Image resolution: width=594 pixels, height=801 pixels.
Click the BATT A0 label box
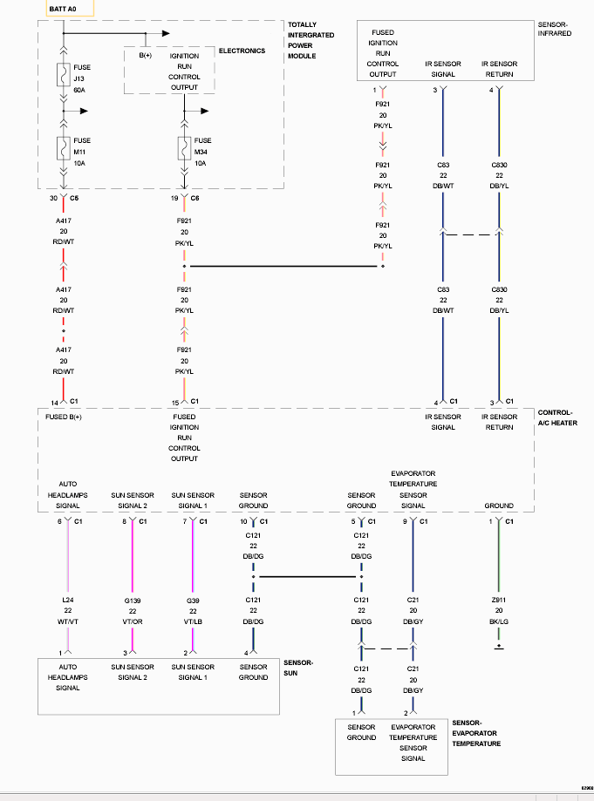tap(70, 8)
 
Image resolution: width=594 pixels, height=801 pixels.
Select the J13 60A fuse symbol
tap(64, 75)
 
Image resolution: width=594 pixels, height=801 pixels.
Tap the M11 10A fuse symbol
tap(64, 148)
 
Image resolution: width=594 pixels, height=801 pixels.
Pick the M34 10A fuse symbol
tap(185, 148)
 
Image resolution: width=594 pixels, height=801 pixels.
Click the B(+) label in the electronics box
tap(146, 55)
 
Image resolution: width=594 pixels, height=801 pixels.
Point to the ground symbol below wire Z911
tap(499, 647)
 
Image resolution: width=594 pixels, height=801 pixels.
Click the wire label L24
tap(68, 600)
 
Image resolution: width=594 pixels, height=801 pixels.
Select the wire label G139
tap(133, 601)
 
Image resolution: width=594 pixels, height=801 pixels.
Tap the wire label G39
tap(193, 601)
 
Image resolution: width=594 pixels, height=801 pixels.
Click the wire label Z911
tap(499, 600)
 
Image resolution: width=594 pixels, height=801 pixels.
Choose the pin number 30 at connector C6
tap(54, 198)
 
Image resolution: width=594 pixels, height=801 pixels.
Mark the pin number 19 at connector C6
tap(174, 198)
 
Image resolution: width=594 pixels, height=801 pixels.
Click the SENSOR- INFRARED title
tap(555, 29)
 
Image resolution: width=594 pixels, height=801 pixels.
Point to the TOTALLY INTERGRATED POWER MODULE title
tap(311, 40)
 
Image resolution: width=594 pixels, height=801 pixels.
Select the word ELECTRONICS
tap(242, 51)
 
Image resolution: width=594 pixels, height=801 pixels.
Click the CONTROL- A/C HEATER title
tap(557, 417)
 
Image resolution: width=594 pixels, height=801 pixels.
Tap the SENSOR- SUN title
tap(298, 668)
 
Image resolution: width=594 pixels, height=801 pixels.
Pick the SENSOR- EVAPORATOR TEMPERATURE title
tap(476, 733)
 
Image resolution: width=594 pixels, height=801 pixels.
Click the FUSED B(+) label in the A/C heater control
tap(64, 417)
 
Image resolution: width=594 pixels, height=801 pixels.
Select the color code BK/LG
tap(499, 621)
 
